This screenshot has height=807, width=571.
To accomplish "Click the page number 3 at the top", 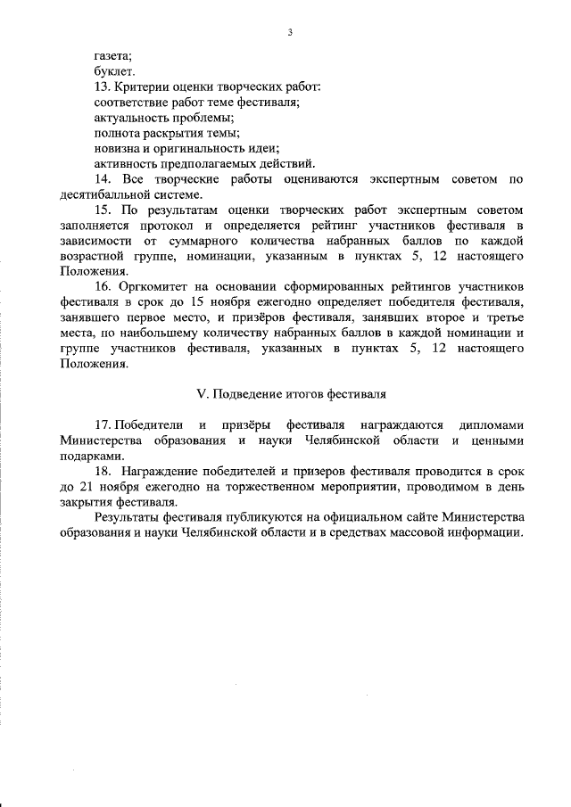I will click(290, 33).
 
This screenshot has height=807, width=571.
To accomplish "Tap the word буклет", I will click(113, 70).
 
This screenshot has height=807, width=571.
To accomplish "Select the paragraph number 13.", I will click(101, 86).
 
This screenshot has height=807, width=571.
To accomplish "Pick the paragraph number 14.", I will click(101, 179).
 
